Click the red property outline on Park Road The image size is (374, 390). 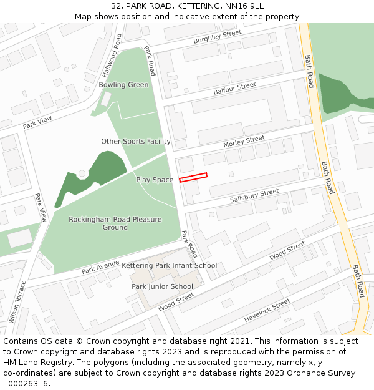(193, 178)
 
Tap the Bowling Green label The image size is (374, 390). (123, 85)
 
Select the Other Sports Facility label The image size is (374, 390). (136, 142)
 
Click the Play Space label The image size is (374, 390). (155, 180)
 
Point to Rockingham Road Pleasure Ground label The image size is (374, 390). (115, 223)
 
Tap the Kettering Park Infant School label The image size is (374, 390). (169, 266)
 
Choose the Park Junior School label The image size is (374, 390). (162, 287)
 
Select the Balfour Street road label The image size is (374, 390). (234, 89)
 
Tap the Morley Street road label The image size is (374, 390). (244, 142)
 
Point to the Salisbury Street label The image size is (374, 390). (254, 196)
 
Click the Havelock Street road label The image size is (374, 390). (267, 310)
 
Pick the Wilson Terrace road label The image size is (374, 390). (17, 301)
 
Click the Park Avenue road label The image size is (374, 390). (100, 268)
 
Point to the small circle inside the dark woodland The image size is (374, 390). (82, 173)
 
